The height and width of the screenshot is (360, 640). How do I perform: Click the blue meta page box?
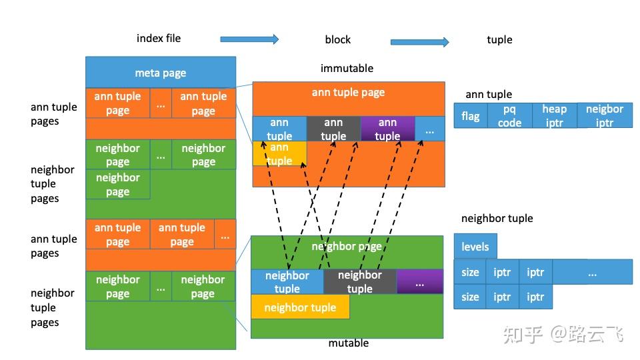[160, 73]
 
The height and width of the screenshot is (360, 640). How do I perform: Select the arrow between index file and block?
[249, 39]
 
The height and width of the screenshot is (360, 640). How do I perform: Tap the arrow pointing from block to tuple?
[419, 42]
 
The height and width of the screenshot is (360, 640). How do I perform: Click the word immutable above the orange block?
[347, 68]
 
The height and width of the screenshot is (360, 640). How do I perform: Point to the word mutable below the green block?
[348, 343]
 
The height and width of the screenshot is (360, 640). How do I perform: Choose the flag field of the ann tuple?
[470, 116]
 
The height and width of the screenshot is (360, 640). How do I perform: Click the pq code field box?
[509, 115]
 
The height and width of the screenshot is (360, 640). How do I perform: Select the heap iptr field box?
[554, 115]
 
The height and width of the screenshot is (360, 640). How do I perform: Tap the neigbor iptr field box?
[604, 115]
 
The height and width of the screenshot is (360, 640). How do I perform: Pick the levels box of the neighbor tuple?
[475, 246]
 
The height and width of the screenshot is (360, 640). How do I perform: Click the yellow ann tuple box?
[279, 154]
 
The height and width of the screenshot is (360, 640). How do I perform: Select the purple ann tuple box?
[387, 129]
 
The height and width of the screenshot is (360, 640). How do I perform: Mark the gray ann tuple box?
[333, 129]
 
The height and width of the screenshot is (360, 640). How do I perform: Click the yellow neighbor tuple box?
[300, 307]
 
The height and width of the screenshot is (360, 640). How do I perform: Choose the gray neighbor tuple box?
[359, 281]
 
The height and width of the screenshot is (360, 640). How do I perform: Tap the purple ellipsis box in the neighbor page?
[419, 281]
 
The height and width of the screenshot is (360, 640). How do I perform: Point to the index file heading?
[159, 38]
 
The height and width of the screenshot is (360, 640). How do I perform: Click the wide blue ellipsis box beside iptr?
[592, 272]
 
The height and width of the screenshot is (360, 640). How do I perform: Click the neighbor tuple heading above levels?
[497, 218]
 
